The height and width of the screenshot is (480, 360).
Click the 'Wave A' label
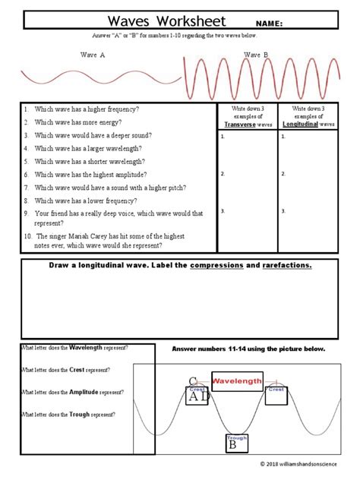(x=92, y=55)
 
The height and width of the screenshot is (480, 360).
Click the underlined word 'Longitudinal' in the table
(x=301, y=124)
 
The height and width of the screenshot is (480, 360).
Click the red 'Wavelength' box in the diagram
(x=237, y=381)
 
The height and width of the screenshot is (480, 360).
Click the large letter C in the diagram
(x=193, y=381)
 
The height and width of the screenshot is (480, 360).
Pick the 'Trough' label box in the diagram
(x=235, y=437)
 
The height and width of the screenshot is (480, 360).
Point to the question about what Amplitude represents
(x=73, y=392)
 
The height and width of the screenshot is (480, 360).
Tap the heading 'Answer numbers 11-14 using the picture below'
(x=248, y=349)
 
